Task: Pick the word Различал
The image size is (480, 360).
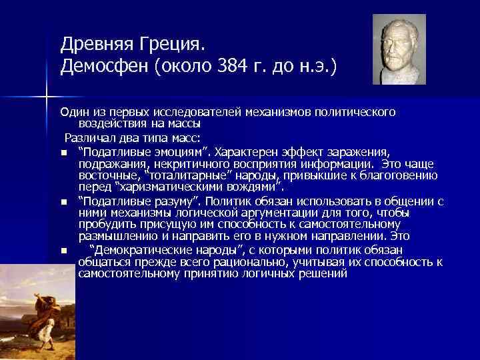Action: [x=89, y=138]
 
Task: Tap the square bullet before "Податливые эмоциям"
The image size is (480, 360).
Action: [x=63, y=152]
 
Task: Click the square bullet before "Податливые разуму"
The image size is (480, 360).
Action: [x=63, y=201]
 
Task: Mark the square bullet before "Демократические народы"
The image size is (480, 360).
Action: [x=63, y=251]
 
